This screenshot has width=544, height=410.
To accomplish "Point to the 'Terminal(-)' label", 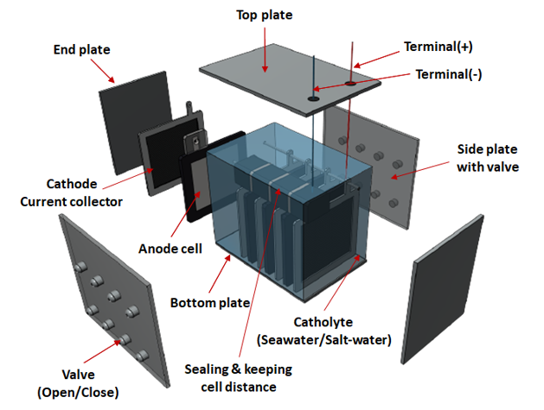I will [449, 75].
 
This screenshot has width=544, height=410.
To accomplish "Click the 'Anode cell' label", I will [171, 249].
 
